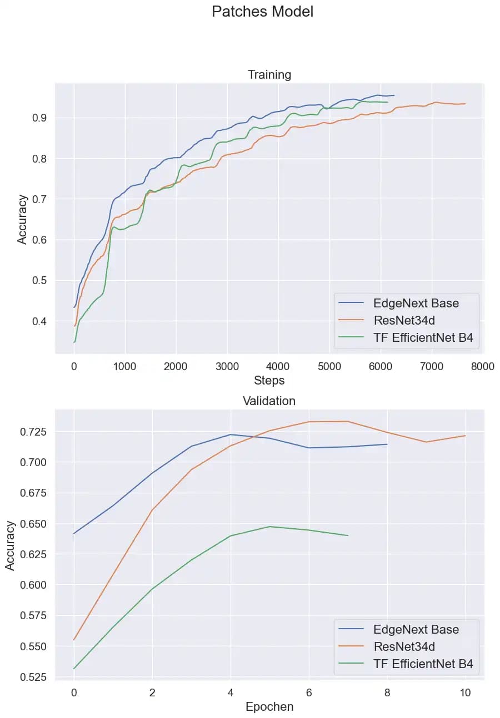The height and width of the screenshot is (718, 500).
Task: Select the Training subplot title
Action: click(269, 74)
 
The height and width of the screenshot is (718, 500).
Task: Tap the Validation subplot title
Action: click(269, 401)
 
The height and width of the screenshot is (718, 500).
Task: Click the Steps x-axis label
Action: click(269, 381)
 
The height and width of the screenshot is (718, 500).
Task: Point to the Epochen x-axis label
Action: click(269, 707)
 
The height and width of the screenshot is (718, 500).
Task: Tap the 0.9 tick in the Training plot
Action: click(39, 118)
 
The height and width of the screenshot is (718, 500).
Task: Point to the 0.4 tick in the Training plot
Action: click(39, 321)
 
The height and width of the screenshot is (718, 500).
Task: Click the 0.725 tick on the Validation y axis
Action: click(33, 432)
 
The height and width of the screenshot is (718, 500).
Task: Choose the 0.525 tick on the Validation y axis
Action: click(33, 677)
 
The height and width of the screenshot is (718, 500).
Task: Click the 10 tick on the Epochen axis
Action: click(465, 692)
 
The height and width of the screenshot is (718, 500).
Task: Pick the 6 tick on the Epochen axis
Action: click(309, 692)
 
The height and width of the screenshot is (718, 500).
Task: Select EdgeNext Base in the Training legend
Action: click(416, 303)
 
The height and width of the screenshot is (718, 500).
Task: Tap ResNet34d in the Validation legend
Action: click(404, 646)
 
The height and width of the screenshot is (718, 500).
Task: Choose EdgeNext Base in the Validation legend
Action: click(416, 629)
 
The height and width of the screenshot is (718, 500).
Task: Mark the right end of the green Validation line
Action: click(348, 535)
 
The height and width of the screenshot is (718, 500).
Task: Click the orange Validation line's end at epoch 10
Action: click(465, 436)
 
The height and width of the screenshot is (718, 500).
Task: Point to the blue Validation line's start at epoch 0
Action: click(74, 533)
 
